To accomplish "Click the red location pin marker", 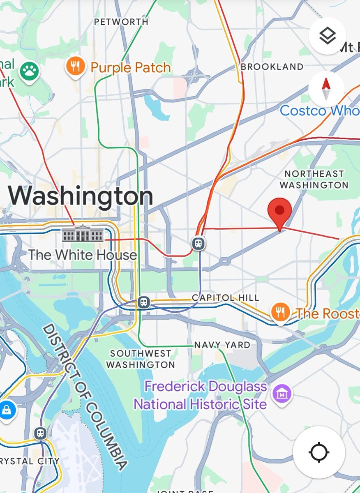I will pos(279,212).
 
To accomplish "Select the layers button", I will pos(327,36).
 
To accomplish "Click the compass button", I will pos(326,89).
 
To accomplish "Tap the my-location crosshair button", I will pos(319,452).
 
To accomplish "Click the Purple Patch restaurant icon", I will pos(75,66).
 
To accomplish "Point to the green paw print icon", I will pos(29,71).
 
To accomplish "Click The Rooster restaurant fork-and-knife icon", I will pos(280,313).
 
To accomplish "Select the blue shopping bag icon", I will pos(7,410).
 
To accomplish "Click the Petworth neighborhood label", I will pos(121,22).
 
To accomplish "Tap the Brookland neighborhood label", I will pos(272,67).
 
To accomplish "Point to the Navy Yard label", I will pos(222,345).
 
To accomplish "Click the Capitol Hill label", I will pos(226,297).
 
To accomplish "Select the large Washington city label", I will pos(81,196).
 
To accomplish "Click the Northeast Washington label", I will pos(314,180).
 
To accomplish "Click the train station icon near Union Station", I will pos(199,244).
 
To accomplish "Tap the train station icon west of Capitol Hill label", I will pos(143,302).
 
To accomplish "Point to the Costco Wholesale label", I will pos(320,111).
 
